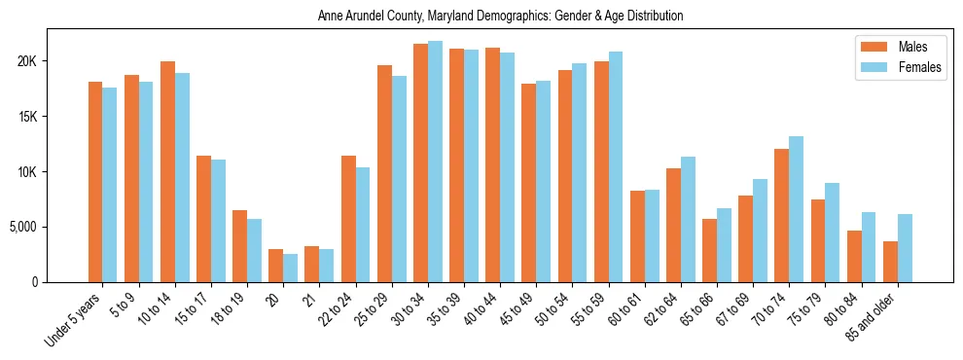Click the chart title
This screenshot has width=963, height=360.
coord(500,16)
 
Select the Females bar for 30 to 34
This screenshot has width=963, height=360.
coord(435,162)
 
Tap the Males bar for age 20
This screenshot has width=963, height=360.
coord(276,266)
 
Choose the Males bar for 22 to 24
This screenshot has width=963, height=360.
coord(348,219)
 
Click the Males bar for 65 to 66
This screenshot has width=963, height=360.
coord(710,250)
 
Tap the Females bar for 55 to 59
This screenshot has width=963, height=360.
coord(616,166)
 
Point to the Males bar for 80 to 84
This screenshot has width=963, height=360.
coord(854,256)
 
